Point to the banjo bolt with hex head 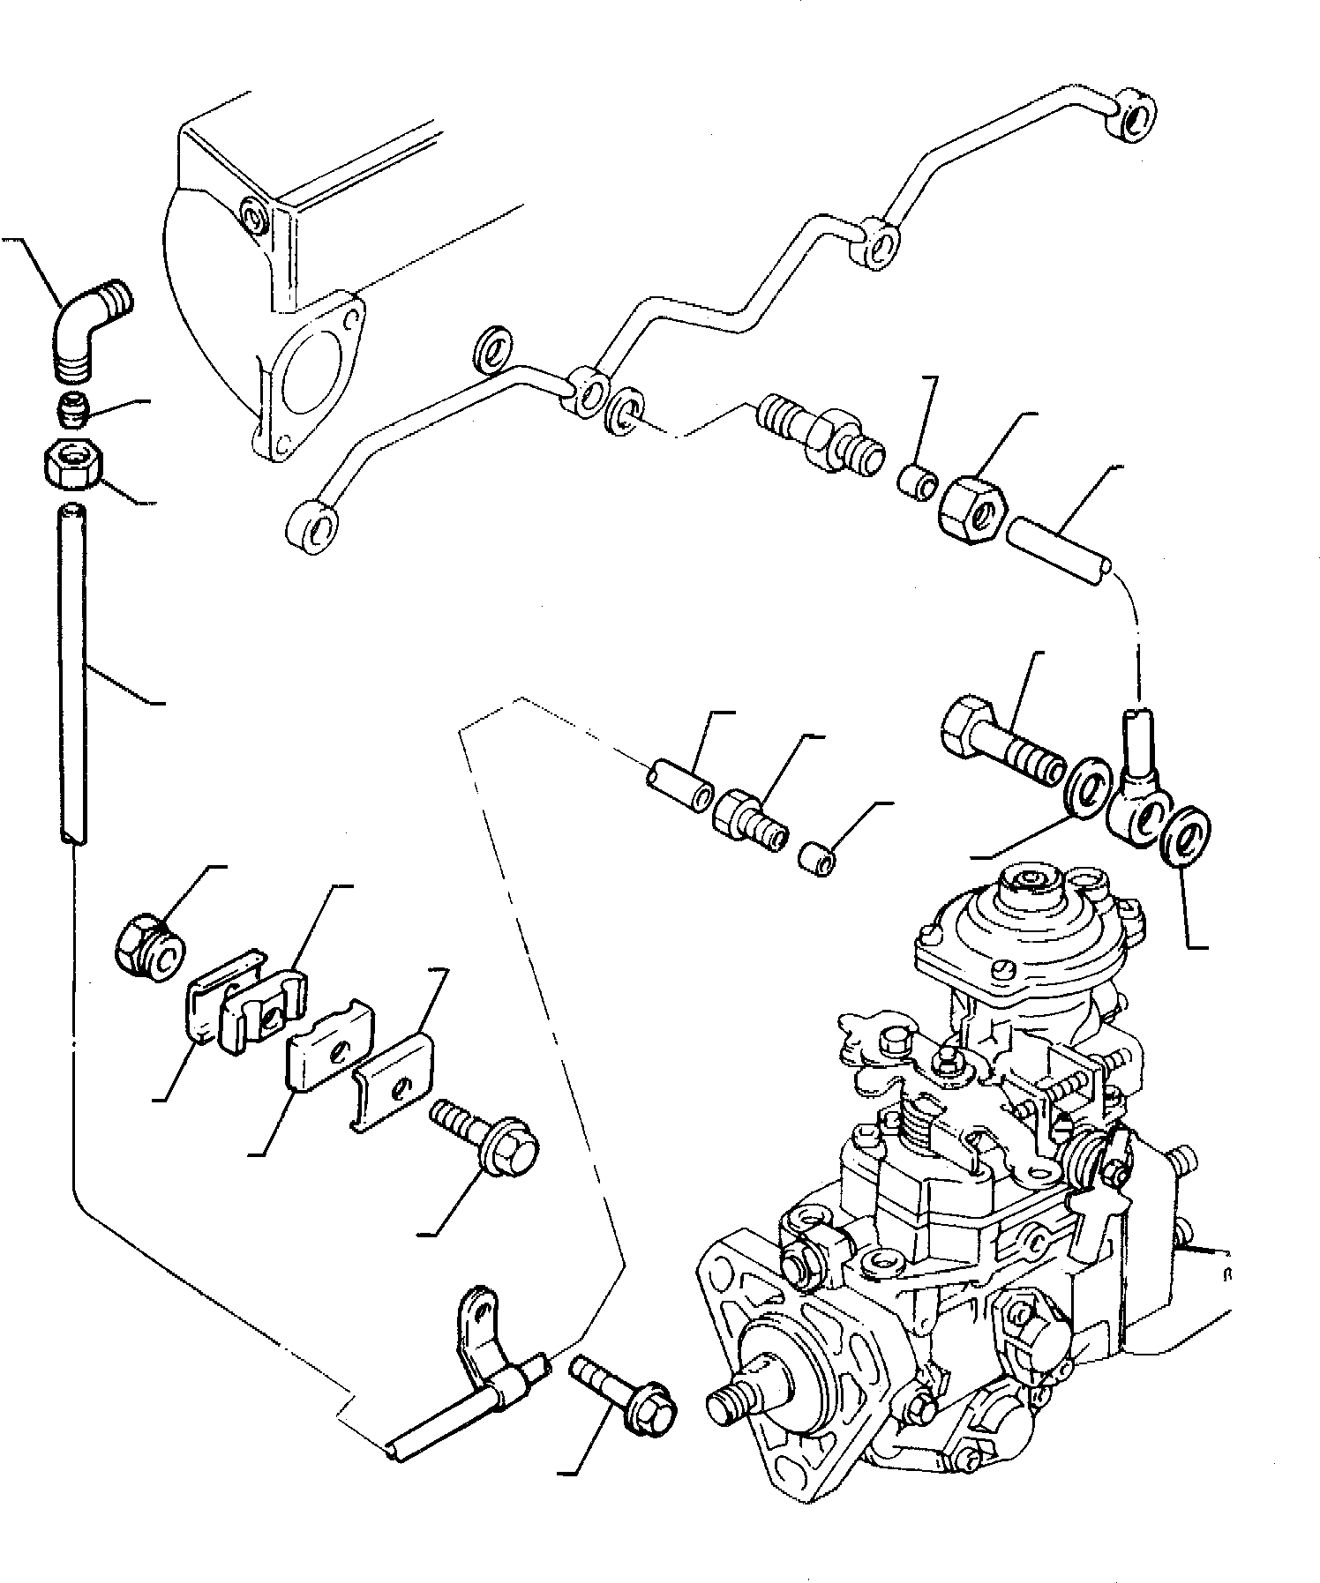click(x=997, y=742)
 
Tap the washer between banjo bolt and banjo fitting click(x=1085, y=780)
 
